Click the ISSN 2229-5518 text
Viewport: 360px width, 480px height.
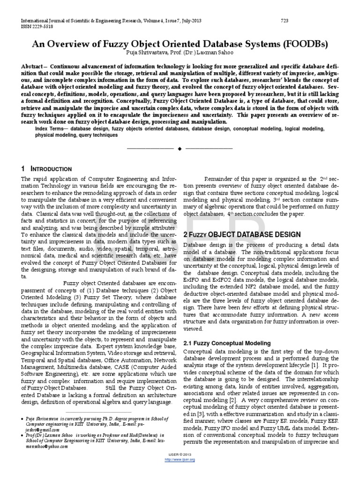(30, 27)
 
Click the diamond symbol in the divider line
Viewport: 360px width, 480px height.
(180, 149)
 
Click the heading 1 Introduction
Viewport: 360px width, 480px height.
(46, 169)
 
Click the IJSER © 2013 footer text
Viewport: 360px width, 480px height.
(180, 469)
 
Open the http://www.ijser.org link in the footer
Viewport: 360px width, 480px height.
(180, 472)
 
